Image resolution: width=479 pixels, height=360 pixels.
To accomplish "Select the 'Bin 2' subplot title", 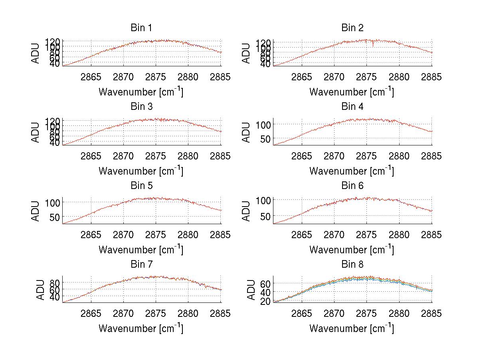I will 352,28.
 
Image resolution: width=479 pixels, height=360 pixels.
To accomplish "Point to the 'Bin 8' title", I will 352,265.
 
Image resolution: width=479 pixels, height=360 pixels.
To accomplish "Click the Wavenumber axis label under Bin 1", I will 141,92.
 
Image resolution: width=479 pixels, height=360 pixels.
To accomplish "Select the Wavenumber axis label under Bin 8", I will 352,328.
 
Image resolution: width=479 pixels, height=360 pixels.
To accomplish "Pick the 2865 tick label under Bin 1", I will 91,77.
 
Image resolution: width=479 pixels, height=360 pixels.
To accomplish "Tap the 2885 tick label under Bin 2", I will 431,77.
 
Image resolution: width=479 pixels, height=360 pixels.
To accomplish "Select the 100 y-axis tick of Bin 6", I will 263,200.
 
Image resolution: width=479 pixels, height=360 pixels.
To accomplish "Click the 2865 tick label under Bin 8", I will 302,314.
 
